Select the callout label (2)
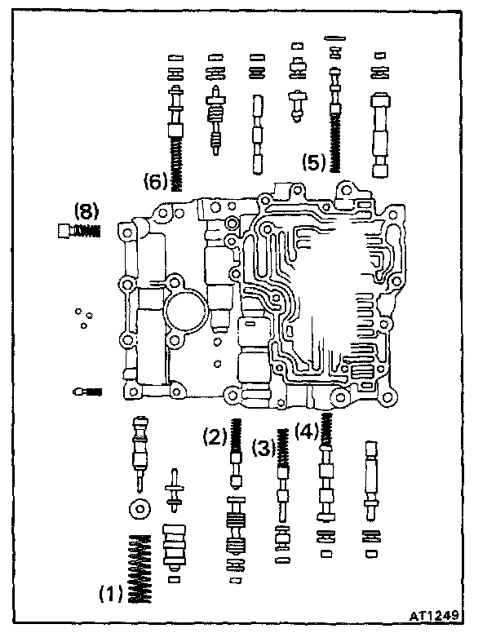215,438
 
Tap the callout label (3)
263,448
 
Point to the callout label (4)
306,430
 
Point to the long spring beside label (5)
333,135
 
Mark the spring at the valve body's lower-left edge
86,392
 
